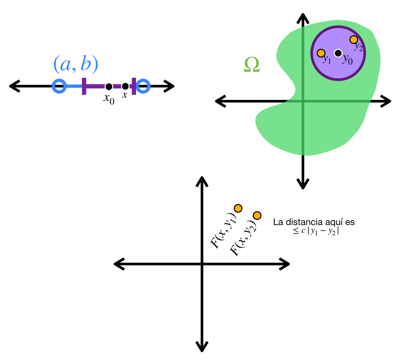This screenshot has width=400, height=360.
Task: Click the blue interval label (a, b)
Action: point(76,65)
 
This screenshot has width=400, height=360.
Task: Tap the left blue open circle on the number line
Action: point(59,86)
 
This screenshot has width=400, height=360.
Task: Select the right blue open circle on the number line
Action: point(143,86)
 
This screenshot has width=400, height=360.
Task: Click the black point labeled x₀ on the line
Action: point(109,86)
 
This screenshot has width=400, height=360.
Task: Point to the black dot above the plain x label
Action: point(125,86)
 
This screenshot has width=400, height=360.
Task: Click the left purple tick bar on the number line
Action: point(84,86)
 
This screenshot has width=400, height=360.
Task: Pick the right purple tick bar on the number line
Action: point(134,86)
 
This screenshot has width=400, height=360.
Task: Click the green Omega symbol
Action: point(252,65)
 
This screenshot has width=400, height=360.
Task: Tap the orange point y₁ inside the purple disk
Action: point(321,53)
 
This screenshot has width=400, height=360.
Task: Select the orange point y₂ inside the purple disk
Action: point(353,40)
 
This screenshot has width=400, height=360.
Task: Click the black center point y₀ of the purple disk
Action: point(338,53)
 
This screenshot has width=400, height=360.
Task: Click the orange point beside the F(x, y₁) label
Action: point(238,208)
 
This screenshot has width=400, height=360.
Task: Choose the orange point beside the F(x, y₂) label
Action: point(257,215)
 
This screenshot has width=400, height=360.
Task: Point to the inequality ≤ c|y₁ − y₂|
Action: point(316,231)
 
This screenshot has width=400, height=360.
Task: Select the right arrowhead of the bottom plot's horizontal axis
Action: point(285,264)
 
